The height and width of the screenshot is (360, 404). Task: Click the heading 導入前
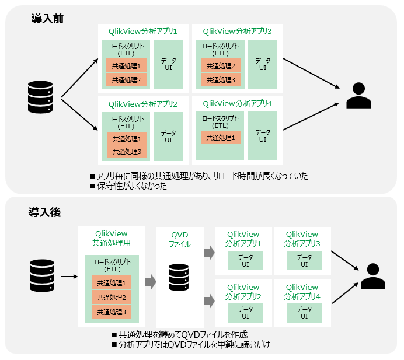[47, 19]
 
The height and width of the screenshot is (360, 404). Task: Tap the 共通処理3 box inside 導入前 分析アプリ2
[127, 152]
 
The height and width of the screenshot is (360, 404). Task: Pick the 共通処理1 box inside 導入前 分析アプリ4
[221, 138]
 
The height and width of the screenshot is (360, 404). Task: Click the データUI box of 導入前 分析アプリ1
[168, 64]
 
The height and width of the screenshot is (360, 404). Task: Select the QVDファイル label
[180, 239]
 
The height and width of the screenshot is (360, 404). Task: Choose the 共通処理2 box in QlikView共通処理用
[112, 297]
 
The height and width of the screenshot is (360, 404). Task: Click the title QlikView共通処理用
[111, 238]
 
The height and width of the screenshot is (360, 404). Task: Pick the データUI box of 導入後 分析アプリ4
[304, 312]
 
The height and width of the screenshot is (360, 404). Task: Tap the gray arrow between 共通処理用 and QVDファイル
[151, 282]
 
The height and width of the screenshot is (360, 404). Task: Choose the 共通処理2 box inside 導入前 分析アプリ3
[221, 65]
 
